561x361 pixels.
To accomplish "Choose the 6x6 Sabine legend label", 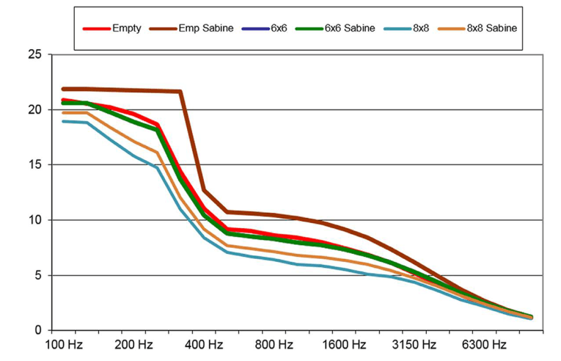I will point(350,28).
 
